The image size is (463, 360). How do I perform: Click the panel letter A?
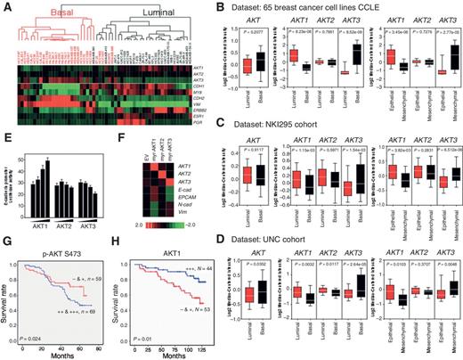coord(7,7)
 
